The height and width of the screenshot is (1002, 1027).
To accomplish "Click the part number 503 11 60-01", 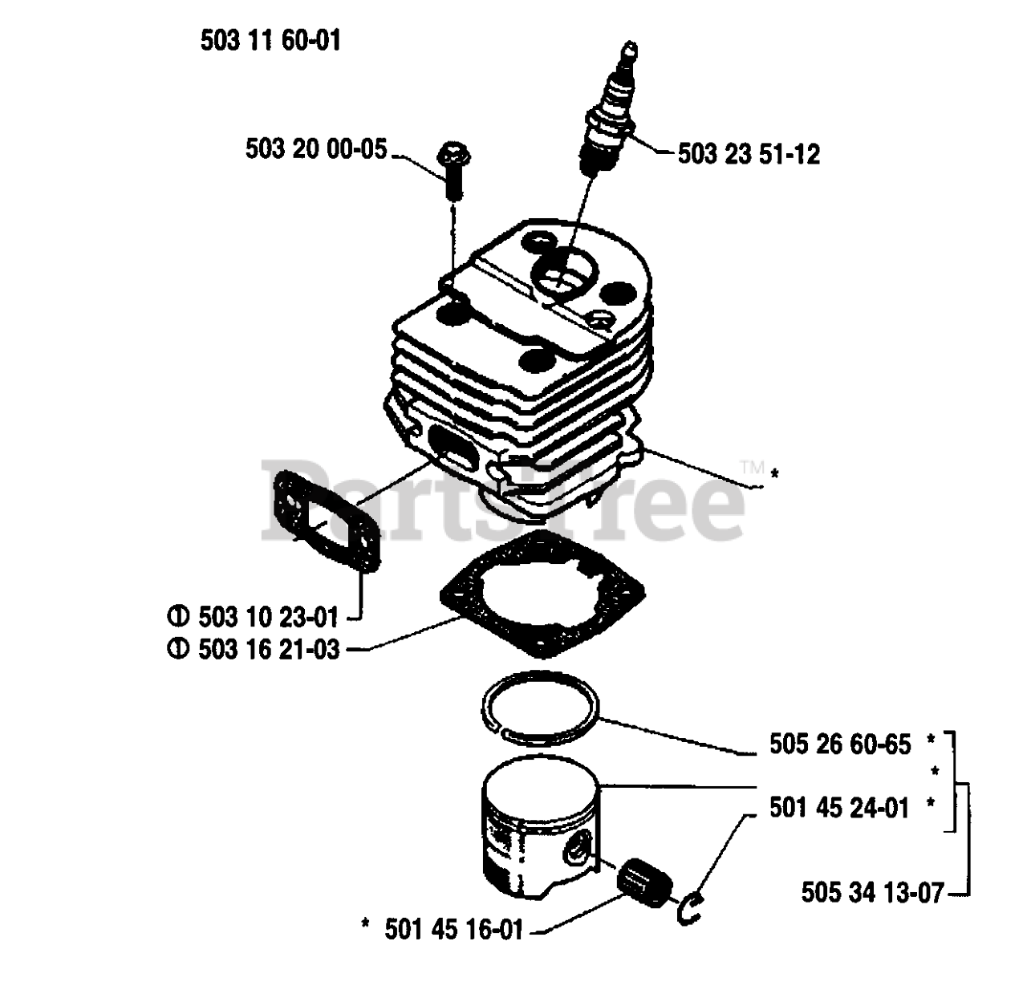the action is (270, 40).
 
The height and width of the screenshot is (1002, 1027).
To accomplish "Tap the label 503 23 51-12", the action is (749, 153).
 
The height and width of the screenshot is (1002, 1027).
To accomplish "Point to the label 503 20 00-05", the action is (316, 150).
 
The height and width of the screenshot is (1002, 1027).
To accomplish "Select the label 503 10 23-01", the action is (262, 617).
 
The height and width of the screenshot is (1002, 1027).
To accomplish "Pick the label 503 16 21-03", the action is (262, 648).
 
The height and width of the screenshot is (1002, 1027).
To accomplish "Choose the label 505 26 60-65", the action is (839, 744).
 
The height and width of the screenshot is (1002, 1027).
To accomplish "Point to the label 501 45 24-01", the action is (839, 807).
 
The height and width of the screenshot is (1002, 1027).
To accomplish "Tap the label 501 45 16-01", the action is (453, 930).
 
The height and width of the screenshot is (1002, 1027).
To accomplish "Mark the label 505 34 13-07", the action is (872, 892).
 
